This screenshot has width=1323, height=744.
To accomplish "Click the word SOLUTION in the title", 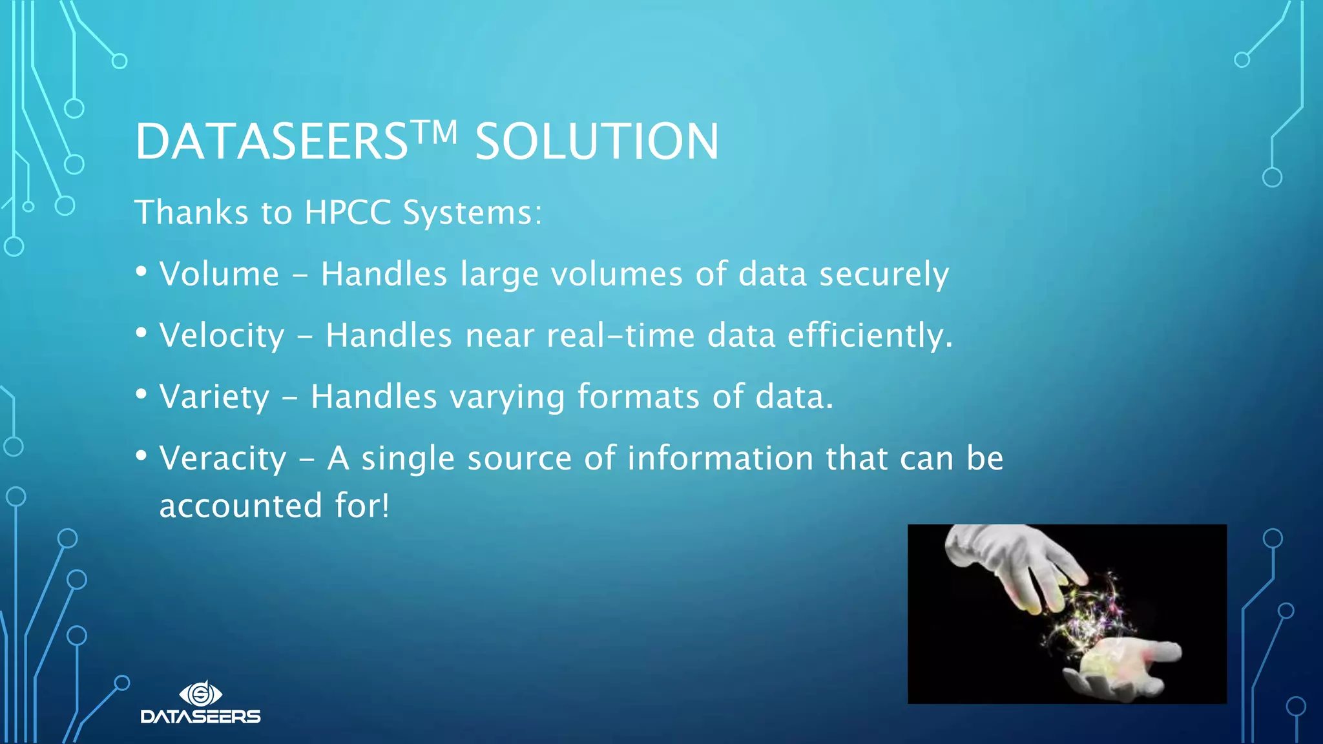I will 596,141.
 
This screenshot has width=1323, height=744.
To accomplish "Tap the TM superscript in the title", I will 435,132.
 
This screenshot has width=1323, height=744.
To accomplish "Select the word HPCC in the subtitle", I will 348,212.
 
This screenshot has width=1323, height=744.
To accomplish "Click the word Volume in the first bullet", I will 219,274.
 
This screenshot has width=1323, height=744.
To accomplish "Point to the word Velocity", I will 222,336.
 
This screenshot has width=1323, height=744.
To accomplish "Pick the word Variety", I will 214,397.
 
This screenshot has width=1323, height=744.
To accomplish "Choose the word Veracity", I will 223,459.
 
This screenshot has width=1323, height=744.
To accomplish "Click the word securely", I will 884,274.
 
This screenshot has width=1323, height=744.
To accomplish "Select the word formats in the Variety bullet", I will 638,397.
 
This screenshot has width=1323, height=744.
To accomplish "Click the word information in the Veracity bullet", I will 720,459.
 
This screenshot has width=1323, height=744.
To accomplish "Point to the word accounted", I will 240,506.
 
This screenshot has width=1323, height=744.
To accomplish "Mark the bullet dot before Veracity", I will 141,456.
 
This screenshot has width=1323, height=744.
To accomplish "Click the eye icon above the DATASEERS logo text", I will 201,694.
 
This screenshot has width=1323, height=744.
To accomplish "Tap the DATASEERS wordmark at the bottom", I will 201,716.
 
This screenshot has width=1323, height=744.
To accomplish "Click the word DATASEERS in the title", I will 271,141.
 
